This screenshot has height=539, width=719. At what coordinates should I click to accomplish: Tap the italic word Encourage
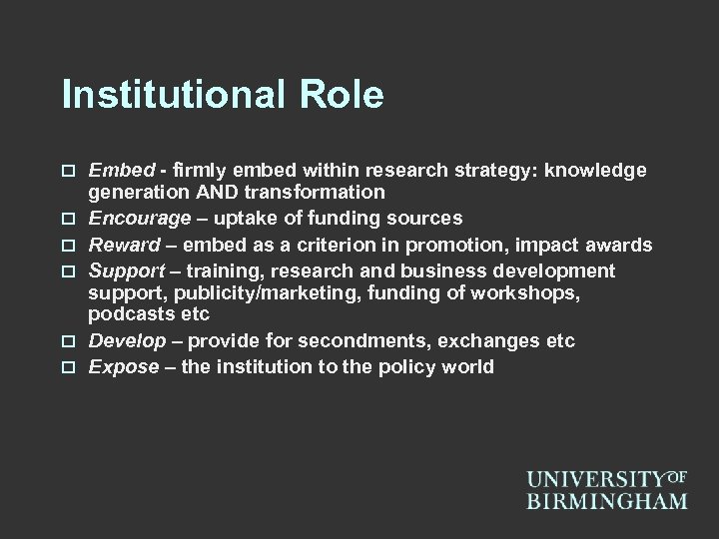click(133, 218)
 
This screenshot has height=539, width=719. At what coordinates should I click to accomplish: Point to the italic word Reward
click(123, 245)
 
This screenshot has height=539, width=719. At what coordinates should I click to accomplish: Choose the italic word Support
click(126, 270)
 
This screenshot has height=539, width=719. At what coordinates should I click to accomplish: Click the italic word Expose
click(124, 366)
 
